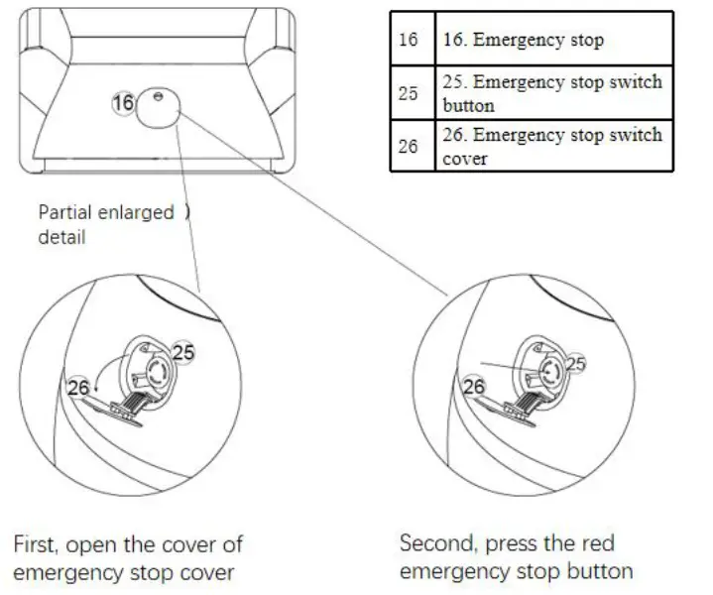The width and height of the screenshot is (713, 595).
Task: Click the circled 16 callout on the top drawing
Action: [x=123, y=102]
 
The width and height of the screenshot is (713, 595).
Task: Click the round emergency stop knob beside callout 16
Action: [x=157, y=108]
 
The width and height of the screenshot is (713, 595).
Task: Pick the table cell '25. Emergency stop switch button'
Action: [x=551, y=92]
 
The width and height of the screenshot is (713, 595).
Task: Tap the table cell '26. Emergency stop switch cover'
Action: [x=551, y=146]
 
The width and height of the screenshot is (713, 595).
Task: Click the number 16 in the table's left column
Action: [x=408, y=41]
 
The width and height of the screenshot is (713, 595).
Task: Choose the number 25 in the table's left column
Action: [x=408, y=93]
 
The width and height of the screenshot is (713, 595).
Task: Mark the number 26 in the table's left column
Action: [x=408, y=146]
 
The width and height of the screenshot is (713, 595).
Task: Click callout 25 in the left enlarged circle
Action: [x=183, y=351]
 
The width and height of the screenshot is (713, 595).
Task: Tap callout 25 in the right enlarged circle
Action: [x=575, y=364]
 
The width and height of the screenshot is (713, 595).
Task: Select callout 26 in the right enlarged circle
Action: [x=474, y=387]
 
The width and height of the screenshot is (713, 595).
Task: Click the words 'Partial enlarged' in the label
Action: [x=106, y=213]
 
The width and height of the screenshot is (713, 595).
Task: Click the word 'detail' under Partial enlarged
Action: [x=60, y=237]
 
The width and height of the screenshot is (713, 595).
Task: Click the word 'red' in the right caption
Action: [x=595, y=543]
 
